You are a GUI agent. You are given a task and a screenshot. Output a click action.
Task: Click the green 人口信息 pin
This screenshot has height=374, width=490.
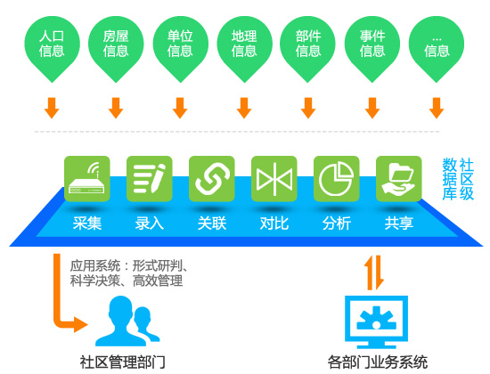(53, 47)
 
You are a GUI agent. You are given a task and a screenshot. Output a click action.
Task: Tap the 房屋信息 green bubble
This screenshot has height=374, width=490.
(116, 47)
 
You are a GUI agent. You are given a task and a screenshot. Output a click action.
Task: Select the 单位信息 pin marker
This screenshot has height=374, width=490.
(180, 47)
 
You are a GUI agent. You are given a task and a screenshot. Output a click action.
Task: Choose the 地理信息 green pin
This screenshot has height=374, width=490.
(244, 47)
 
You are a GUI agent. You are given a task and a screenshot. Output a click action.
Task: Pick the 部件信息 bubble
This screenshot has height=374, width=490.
(308, 47)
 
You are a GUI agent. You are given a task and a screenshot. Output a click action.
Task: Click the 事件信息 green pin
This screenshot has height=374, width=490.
(372, 47)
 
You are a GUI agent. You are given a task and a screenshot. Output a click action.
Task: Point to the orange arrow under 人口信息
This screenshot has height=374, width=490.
(52, 108)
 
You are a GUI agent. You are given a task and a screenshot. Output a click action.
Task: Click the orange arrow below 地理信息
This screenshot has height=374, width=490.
(244, 108)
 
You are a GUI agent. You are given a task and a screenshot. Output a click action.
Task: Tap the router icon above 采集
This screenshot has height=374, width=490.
(87, 179)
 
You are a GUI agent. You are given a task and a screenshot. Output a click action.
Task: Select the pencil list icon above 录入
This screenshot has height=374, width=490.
(149, 179)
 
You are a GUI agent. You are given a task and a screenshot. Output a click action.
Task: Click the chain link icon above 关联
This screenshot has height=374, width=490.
(211, 179)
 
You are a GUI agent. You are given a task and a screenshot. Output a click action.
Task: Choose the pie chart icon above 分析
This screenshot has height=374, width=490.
(336, 179)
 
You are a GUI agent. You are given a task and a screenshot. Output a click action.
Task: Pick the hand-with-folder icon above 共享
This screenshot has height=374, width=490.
(399, 179)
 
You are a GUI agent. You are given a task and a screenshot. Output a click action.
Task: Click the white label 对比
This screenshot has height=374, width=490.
(274, 224)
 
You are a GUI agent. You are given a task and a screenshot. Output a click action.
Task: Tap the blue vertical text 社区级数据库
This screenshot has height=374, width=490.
(458, 179)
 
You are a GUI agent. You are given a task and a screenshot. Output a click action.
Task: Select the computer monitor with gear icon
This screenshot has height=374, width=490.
(376, 321)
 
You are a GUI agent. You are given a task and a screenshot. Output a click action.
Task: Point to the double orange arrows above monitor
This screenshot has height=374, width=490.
(374, 272)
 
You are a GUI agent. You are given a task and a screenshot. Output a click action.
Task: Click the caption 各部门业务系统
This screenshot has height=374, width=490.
(378, 362)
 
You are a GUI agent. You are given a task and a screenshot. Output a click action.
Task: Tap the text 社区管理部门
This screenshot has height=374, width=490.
(123, 362)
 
